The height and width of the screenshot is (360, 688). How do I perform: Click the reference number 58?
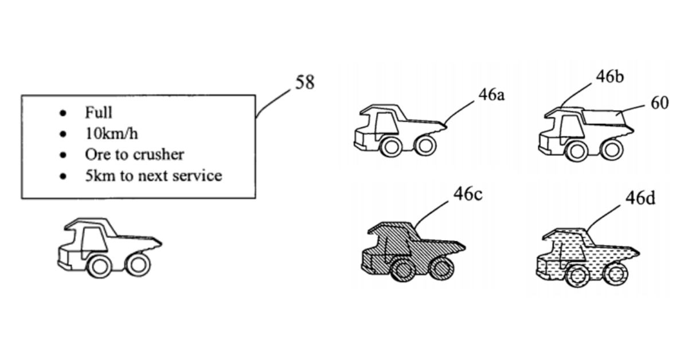point(304,83)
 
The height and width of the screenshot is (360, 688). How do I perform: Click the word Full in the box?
point(99,112)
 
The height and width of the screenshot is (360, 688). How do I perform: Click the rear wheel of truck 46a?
point(425,145)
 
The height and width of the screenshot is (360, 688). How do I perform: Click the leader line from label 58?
point(274,101)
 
